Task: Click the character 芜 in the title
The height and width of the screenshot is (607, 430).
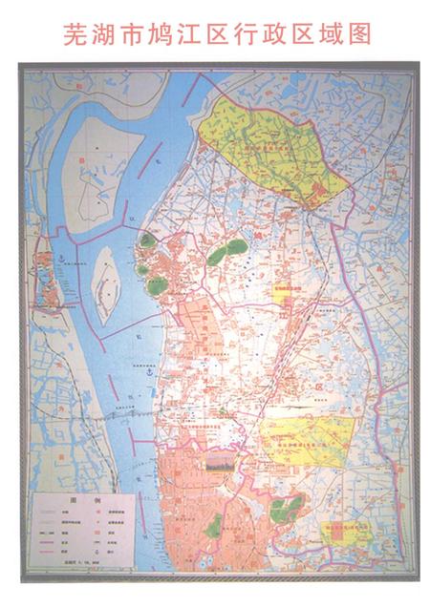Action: pos(75,35)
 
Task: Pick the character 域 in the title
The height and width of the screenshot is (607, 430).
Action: pos(329,35)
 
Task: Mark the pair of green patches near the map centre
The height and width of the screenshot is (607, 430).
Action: pos(227,252)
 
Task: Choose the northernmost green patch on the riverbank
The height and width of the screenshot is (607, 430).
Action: pos(146,241)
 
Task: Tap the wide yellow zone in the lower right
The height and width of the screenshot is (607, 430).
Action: pos(306,438)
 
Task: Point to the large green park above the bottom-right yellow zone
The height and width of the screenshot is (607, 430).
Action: pos(286,508)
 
